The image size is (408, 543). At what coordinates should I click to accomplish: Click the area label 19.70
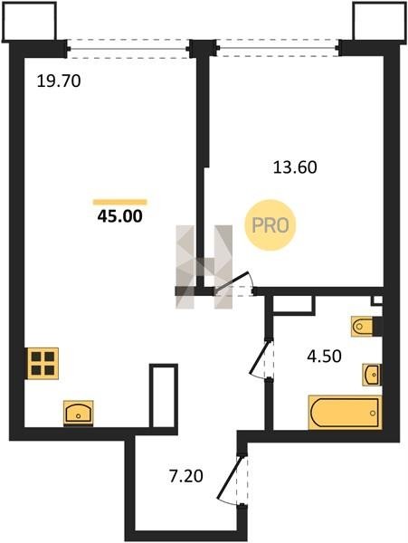59,81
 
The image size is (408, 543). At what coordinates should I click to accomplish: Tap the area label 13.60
295,167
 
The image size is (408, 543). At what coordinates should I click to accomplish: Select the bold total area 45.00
119,216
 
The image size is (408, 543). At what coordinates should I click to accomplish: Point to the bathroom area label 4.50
324,356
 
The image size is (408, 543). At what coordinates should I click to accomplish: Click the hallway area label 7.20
185,477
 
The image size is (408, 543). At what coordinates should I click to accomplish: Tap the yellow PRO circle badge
270,225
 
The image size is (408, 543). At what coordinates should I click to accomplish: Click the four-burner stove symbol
43,363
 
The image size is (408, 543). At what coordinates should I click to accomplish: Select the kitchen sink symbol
79,413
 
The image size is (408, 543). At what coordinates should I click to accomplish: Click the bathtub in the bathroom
345,413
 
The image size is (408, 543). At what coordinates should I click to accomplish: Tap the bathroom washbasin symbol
372,375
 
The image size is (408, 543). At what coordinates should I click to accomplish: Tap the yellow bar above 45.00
120,202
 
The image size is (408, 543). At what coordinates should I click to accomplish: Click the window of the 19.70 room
128,49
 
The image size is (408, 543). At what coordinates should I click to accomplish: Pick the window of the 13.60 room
277,47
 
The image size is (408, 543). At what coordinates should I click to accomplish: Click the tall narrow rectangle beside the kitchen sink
164,395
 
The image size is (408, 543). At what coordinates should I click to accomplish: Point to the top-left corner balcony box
29,22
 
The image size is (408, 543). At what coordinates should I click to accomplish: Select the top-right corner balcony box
380,22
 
